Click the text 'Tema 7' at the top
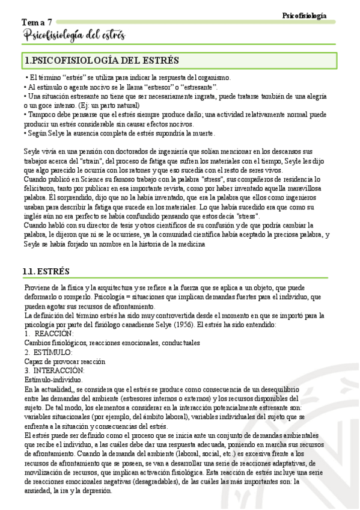[37, 22]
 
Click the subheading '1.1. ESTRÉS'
[46, 271]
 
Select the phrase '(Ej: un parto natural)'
[103, 105]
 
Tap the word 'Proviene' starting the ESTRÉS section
[38, 287]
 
